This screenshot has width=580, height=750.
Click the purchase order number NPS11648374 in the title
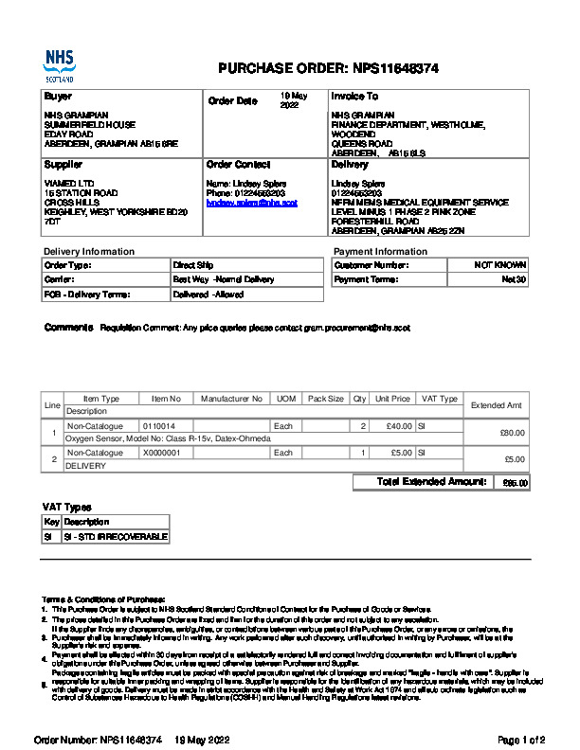click(x=395, y=69)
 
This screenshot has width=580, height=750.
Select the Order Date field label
click(x=232, y=100)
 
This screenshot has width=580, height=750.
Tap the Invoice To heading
click(x=354, y=97)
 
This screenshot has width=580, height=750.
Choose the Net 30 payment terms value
click(x=514, y=280)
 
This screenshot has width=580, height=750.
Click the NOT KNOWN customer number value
click(x=500, y=265)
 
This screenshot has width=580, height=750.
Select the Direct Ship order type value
click(x=194, y=265)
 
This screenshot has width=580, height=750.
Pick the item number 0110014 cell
click(x=158, y=427)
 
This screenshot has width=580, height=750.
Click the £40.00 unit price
click(x=393, y=427)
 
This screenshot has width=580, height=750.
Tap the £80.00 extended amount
click(x=513, y=433)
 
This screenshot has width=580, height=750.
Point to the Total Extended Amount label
click(x=431, y=482)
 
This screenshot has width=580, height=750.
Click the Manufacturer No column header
click(x=231, y=400)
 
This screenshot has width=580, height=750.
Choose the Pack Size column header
click(x=326, y=400)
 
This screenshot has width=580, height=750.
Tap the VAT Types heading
click(x=67, y=507)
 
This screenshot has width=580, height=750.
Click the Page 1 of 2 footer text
click(x=521, y=739)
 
